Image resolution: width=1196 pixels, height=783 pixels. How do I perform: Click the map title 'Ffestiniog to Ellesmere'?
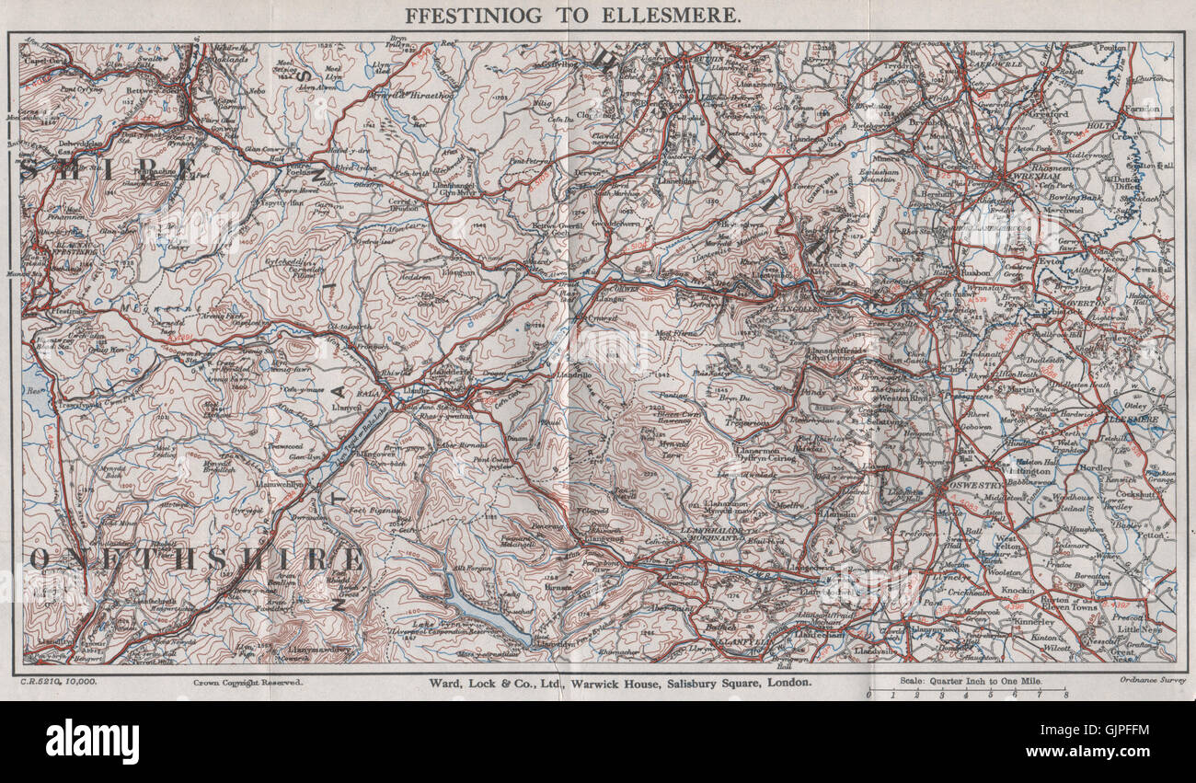pyautogui.click(x=571, y=15)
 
